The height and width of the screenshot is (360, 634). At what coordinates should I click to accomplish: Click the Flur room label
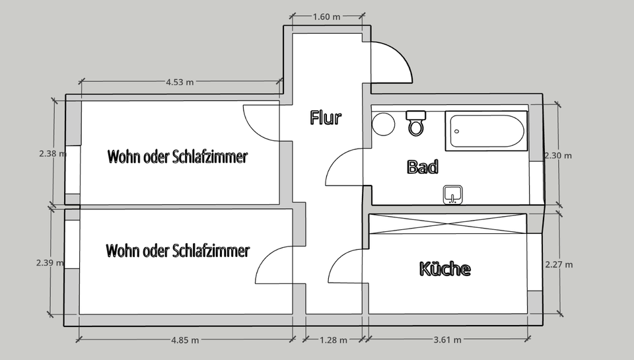326,118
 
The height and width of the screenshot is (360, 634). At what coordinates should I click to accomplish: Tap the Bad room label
423,166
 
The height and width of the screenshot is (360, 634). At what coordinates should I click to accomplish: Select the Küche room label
445,269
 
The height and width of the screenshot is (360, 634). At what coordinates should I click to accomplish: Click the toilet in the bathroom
415,123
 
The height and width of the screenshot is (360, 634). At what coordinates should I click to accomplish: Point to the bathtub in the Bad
487,131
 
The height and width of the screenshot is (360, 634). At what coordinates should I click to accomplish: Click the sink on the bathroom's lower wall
453,195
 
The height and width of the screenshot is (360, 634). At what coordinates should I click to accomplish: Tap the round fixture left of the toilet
383,124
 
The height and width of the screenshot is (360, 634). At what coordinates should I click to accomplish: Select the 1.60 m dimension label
326,17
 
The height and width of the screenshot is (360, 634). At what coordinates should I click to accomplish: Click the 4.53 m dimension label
180,82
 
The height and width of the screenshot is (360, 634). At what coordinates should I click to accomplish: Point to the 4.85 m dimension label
185,340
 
